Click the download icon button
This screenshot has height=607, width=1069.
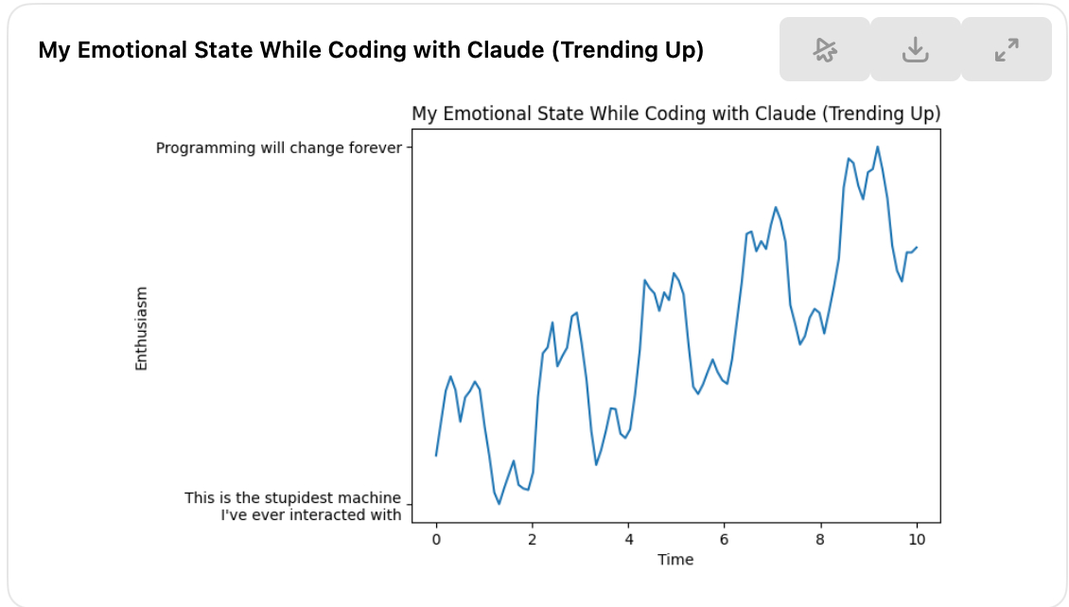point(915,49)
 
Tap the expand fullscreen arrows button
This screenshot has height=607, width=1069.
point(1007,49)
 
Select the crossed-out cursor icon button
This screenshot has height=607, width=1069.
point(825,49)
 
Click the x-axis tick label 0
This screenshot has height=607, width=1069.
point(436,540)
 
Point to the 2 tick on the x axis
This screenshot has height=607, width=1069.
point(533,540)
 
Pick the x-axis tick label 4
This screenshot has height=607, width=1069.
point(628,540)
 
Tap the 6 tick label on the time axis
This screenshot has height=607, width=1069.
point(724,540)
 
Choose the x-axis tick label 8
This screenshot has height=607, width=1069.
point(820,540)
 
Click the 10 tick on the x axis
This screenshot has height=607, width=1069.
point(917,540)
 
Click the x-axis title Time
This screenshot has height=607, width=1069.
point(675,560)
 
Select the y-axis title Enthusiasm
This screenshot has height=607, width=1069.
point(141,328)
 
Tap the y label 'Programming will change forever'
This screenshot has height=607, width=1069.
point(279,148)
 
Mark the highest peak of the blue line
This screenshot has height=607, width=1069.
point(877,147)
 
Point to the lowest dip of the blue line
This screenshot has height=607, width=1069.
point(499,503)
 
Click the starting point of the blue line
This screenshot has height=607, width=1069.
point(436,455)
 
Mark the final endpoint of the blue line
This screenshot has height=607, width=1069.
point(917,248)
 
